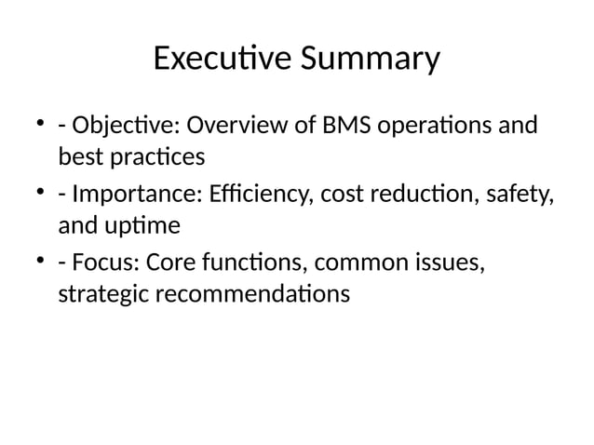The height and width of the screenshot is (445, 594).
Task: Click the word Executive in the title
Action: pyautogui.click(x=221, y=60)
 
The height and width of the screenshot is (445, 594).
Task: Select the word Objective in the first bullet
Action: pyautogui.click(x=120, y=125)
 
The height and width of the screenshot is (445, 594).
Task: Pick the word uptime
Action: pyautogui.click(x=140, y=226)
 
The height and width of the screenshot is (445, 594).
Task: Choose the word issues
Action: pyautogui.click(x=453, y=264)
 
